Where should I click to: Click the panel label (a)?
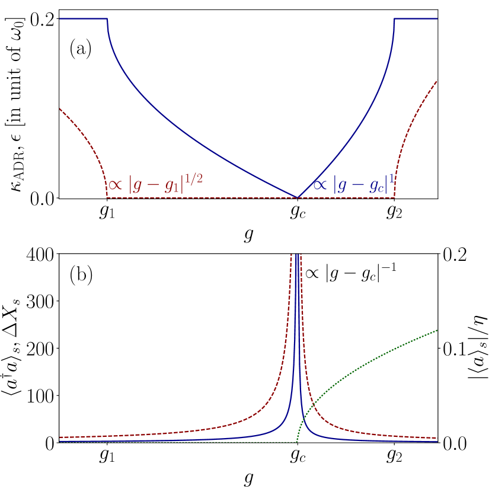click(81, 48)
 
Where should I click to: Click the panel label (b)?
click(81, 276)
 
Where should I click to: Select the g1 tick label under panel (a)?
click(107, 212)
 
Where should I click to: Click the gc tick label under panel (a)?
click(297, 212)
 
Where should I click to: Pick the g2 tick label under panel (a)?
click(394, 212)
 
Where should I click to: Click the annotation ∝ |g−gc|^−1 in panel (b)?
click(349, 273)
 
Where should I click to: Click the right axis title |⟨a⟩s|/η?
click(479, 348)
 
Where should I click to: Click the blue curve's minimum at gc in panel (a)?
click(297, 197)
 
